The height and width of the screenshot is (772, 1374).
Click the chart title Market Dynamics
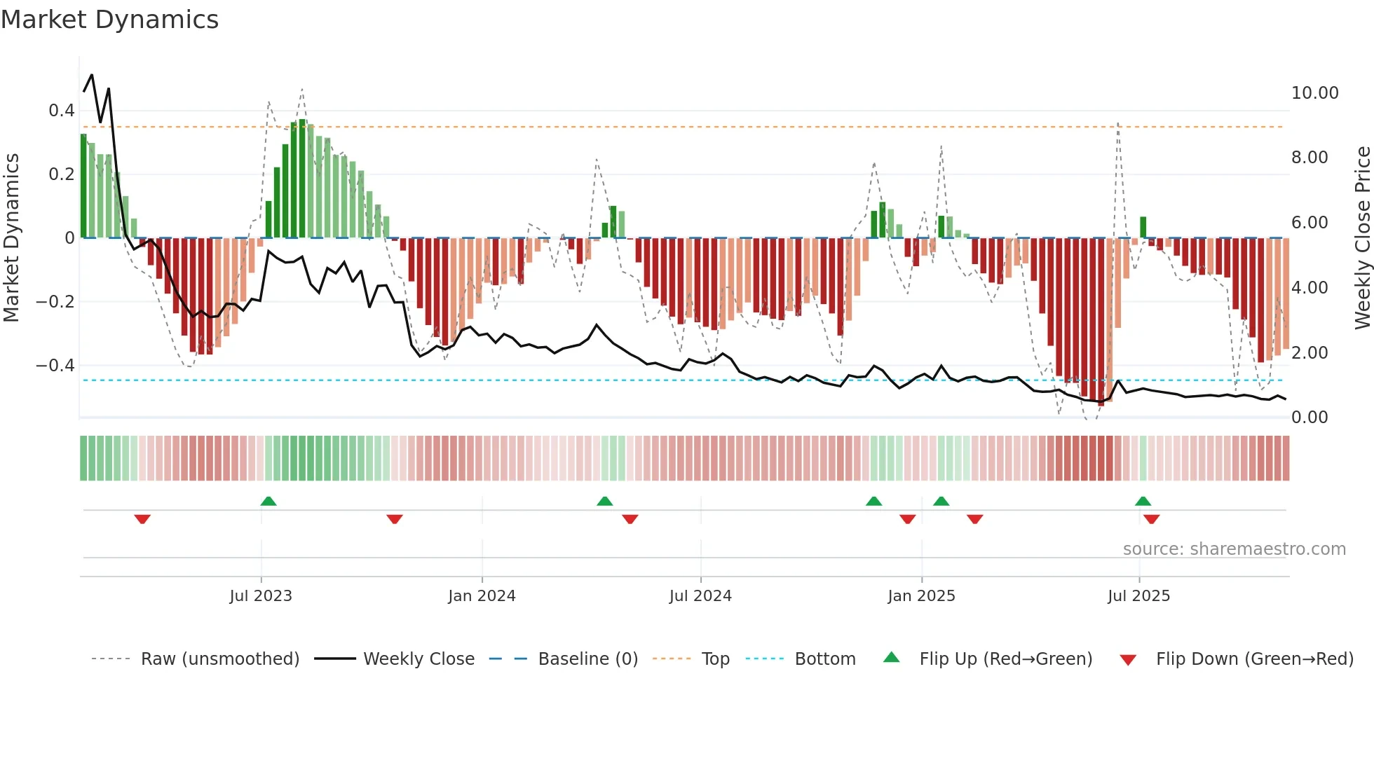coord(110,20)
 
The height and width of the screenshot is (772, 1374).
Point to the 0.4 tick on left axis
coord(61,110)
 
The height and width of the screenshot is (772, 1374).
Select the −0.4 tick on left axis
coord(55,365)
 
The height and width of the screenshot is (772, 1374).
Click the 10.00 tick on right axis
coord(1314,93)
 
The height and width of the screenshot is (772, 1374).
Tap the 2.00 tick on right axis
coord(1310,352)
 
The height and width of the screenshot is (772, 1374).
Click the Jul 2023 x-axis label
coord(261,595)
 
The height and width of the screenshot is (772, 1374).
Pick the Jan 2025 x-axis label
coord(921,595)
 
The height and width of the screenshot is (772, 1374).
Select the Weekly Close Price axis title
coord(1362,237)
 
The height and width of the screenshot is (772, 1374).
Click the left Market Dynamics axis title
coord(12,237)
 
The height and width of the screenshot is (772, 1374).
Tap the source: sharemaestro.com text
coord(1234,549)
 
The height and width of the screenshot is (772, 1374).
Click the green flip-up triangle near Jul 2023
coord(268,501)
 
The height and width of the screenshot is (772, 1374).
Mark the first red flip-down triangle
coord(142,519)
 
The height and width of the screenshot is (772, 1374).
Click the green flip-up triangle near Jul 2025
coord(1143,501)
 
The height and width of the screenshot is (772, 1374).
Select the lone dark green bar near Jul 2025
coord(1143,228)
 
